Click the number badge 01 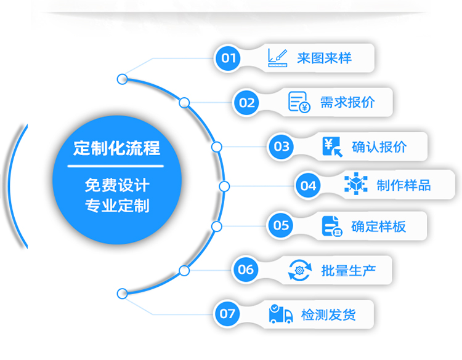(x=229, y=58)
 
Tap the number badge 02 (x=246, y=102)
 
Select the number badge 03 (x=282, y=146)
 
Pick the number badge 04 (x=308, y=185)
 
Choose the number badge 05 (x=281, y=225)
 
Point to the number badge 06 (x=245, y=270)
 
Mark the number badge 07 (x=227, y=314)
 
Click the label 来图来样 (x=324, y=58)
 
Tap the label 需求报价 (x=347, y=102)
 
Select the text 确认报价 (x=379, y=146)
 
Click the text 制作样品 (x=403, y=185)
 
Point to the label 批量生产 (x=348, y=270)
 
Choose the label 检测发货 (x=328, y=314)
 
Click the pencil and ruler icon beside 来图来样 (x=278, y=58)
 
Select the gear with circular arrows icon (x=300, y=270)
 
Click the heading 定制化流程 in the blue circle (x=116, y=148)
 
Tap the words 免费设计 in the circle (x=117, y=185)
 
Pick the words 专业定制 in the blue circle (x=117, y=205)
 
